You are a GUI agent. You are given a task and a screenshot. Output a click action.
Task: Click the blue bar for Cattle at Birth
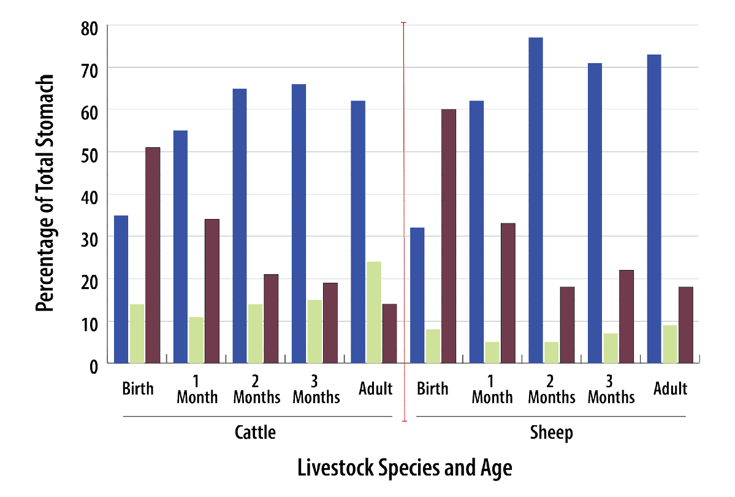pyautogui.click(x=121, y=289)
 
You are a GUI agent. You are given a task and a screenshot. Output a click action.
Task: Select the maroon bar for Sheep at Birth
pyautogui.click(x=449, y=236)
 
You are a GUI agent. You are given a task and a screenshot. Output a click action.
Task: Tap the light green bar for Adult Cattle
pyautogui.click(x=373, y=312)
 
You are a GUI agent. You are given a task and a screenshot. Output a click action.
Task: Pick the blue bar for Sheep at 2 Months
pyautogui.click(x=535, y=200)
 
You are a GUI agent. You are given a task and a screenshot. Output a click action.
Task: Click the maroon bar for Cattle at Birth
pyautogui.click(x=153, y=255)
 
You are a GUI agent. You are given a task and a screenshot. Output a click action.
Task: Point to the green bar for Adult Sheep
pyautogui.click(x=669, y=344)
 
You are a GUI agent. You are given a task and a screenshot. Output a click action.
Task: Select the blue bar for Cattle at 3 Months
pyautogui.click(x=299, y=223)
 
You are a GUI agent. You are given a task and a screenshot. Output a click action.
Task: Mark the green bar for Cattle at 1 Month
pyautogui.click(x=196, y=340)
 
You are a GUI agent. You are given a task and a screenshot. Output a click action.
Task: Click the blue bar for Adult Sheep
pyautogui.click(x=653, y=209)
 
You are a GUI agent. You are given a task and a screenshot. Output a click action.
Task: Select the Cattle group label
pyautogui.click(x=255, y=433)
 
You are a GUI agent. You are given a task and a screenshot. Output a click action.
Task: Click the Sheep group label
pyautogui.click(x=551, y=433)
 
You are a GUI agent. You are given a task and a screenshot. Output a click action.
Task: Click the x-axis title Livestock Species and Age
pyautogui.click(x=404, y=469)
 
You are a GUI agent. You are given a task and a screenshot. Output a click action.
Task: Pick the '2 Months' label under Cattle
pyautogui.click(x=256, y=389)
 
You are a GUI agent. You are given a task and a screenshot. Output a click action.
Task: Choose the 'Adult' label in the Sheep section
pyautogui.click(x=670, y=388)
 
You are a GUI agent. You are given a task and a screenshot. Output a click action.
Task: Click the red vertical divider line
pyautogui.click(x=403, y=221)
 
